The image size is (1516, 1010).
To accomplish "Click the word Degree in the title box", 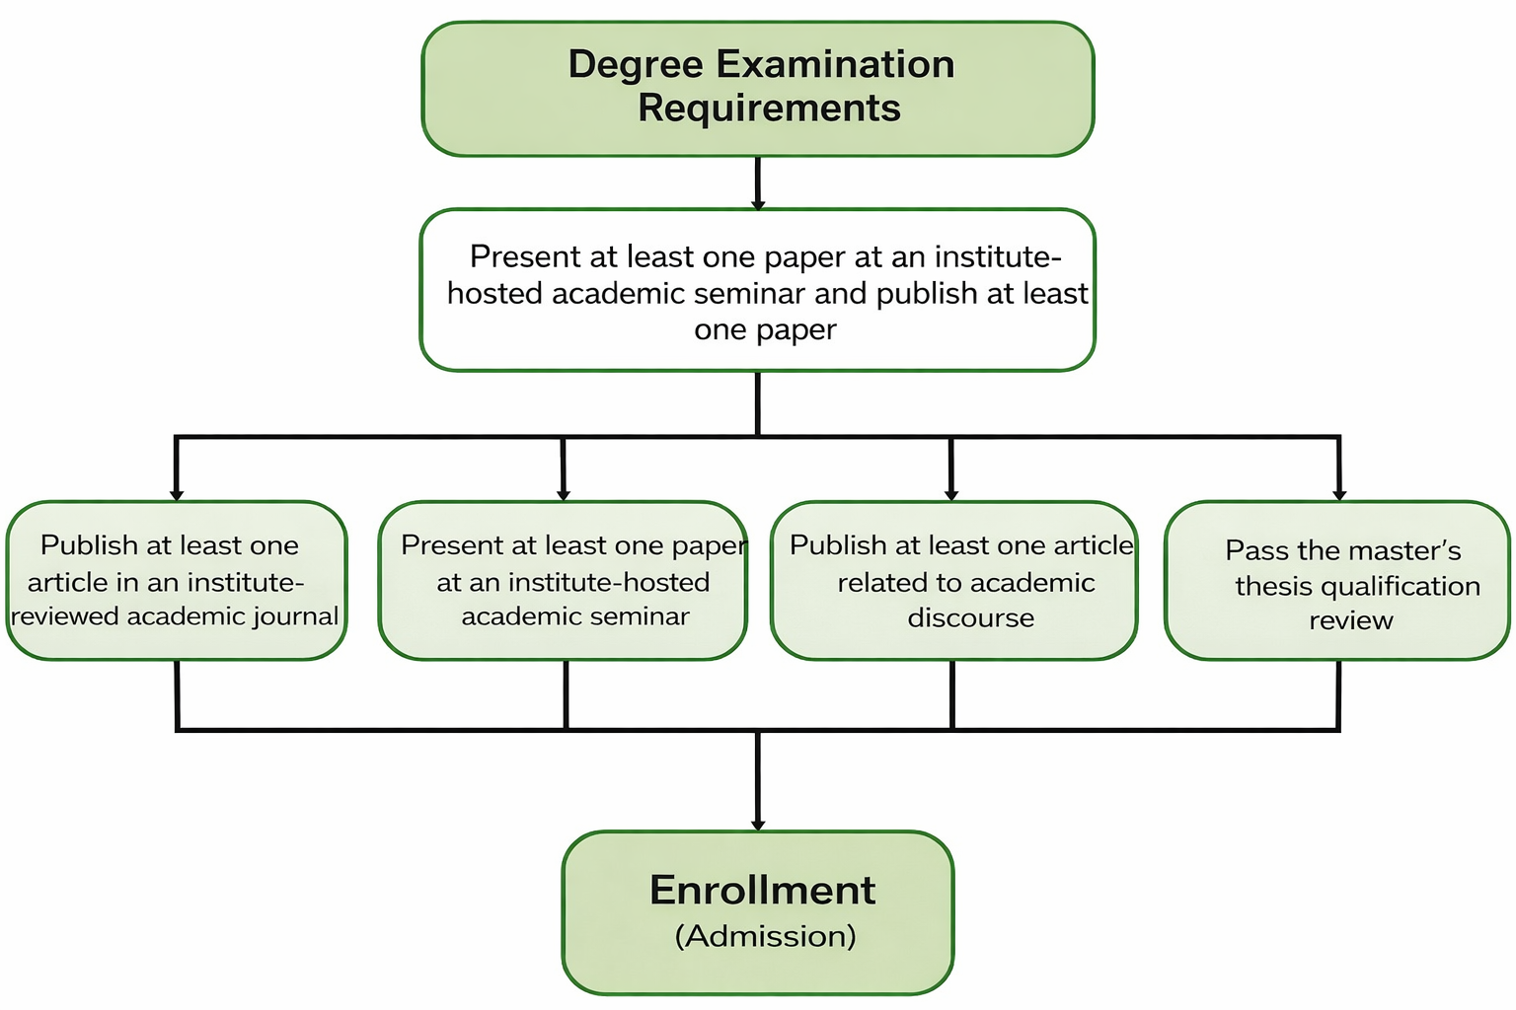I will click(637, 64).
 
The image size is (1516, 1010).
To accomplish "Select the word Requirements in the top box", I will click(769, 108).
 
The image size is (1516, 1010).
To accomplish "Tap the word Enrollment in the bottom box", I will click(762, 891).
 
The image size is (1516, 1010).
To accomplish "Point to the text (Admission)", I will click(765, 936).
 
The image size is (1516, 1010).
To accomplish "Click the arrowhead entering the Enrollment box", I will click(758, 824).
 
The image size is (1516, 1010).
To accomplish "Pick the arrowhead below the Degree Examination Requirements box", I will click(758, 204).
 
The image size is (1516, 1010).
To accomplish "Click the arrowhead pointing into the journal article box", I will click(177, 494).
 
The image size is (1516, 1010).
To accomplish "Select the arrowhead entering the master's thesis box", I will click(1339, 494).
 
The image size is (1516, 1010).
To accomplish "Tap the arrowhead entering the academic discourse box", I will click(951, 494).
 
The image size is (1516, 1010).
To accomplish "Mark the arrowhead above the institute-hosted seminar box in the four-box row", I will click(564, 494).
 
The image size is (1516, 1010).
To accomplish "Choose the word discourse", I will click(971, 618).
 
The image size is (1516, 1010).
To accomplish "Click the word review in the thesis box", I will click(1351, 620).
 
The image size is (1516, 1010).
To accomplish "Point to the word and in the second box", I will click(840, 294).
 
